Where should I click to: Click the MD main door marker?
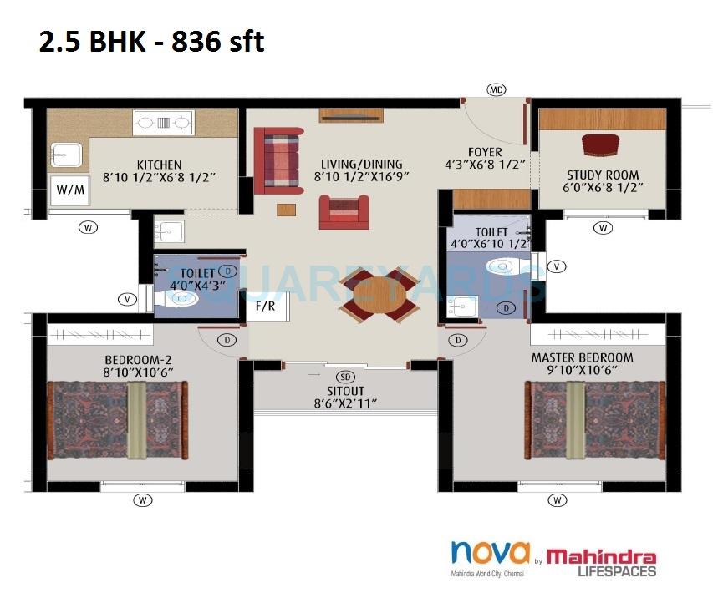[x=497, y=89]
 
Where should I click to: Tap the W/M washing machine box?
[x=70, y=190]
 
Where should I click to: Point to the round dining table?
[x=379, y=296]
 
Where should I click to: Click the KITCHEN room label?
[x=159, y=165]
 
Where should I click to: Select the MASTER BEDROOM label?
[x=582, y=357]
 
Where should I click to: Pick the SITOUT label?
[x=345, y=389]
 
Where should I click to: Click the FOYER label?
[x=485, y=152]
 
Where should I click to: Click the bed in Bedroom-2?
[x=117, y=419]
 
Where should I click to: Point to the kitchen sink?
[x=64, y=155]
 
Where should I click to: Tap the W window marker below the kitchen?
[x=87, y=226]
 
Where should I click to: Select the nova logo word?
[x=490, y=552]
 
